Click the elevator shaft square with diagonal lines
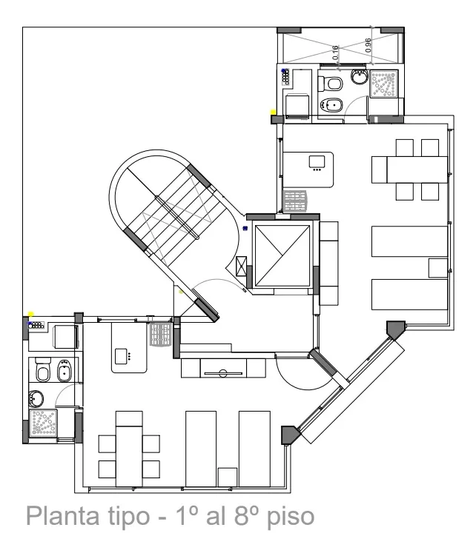pos(282,255)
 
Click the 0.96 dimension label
pos(368,45)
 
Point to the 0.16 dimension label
pos(335,53)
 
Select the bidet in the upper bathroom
pos(331,105)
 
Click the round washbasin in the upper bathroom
pos(360,76)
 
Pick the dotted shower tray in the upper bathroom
pos(383,84)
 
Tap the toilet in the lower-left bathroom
pos(43,369)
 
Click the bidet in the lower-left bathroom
pos(65,371)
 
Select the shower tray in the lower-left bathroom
pos(43,423)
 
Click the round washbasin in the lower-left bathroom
pos(36,398)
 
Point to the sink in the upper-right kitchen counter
pos(317,162)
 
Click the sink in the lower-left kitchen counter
pos(121,356)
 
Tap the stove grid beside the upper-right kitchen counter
pos(295,201)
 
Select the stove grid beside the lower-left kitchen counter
pos(161,334)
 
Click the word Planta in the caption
pos(62,516)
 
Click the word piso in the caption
pos(291,518)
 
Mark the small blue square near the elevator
pos(245,228)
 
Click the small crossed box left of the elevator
pos(241,266)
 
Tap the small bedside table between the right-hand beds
pos(438,268)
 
